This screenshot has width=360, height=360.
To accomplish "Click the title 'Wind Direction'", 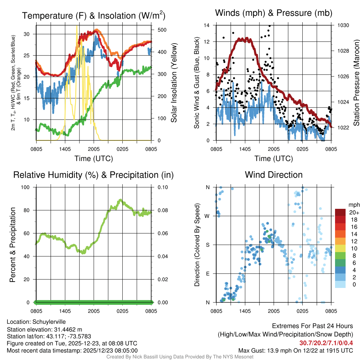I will click(274, 175).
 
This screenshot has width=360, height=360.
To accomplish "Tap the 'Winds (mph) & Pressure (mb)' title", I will click(274, 13).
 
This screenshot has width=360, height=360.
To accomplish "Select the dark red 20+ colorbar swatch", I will click(340, 213).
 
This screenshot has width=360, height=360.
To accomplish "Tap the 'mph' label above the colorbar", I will click(353, 204).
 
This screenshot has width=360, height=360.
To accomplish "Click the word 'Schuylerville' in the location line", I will click(49, 322).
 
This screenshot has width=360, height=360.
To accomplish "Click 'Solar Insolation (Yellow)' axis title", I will click(174, 83).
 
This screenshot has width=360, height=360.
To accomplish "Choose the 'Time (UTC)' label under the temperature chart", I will click(94, 159).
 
